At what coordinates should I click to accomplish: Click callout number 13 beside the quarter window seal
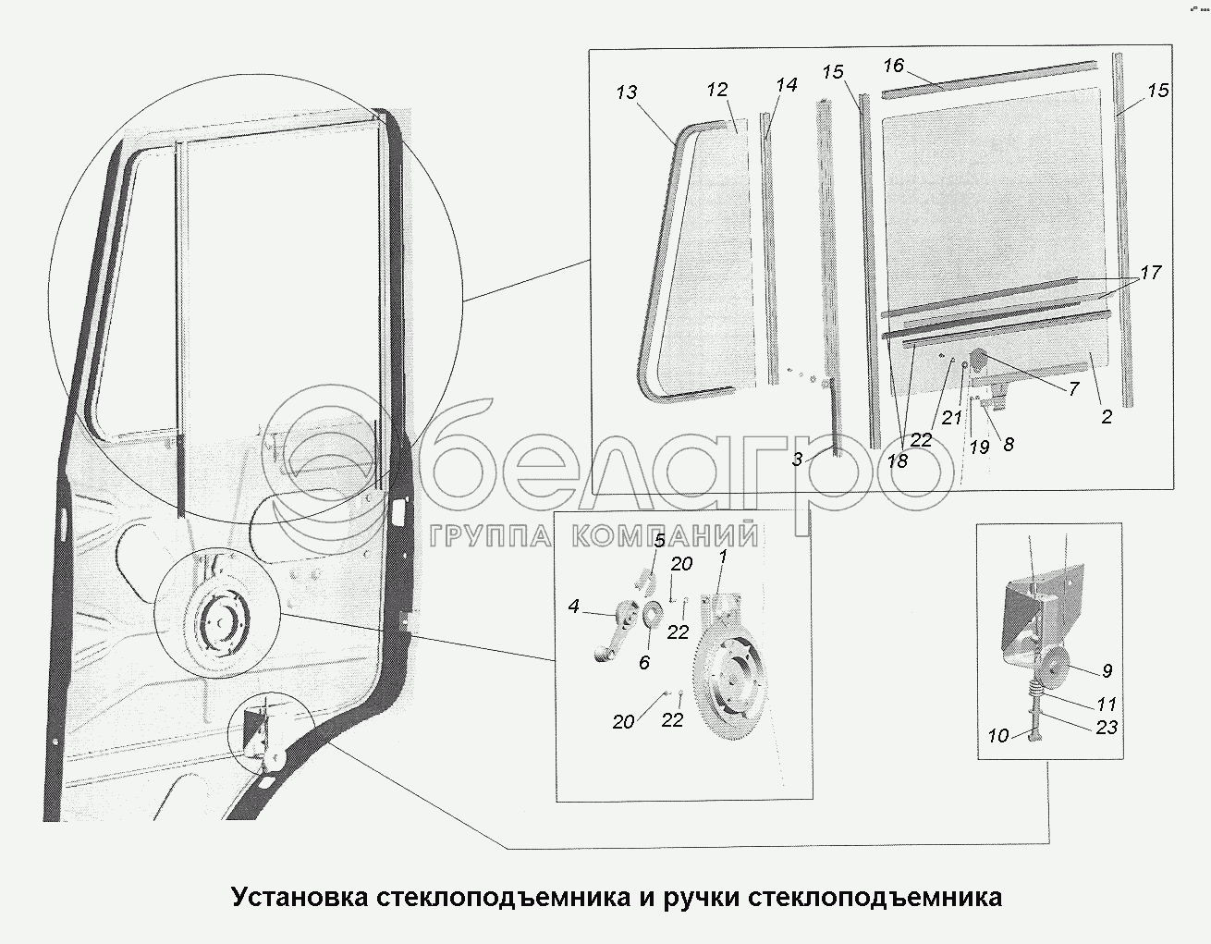click(627, 92)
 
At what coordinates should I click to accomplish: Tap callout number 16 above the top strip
click(893, 66)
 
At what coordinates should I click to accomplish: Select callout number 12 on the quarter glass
click(717, 90)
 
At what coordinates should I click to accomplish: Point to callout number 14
click(787, 85)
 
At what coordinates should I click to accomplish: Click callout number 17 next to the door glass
click(1150, 273)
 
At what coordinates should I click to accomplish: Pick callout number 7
click(1074, 388)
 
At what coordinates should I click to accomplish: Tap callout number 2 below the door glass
click(1107, 416)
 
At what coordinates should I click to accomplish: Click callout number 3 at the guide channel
click(798, 460)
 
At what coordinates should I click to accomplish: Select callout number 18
click(898, 460)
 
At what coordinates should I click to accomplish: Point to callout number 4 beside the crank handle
click(573, 606)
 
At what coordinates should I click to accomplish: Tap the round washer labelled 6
click(650, 614)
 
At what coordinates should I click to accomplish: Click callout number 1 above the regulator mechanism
click(723, 557)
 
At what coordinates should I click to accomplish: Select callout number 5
click(659, 541)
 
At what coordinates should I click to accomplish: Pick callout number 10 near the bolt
click(998, 736)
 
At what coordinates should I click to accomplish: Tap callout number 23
click(1107, 727)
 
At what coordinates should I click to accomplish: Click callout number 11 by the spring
click(1107, 704)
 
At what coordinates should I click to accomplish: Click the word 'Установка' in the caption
click(300, 897)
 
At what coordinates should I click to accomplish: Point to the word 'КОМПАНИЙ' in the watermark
click(665, 536)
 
